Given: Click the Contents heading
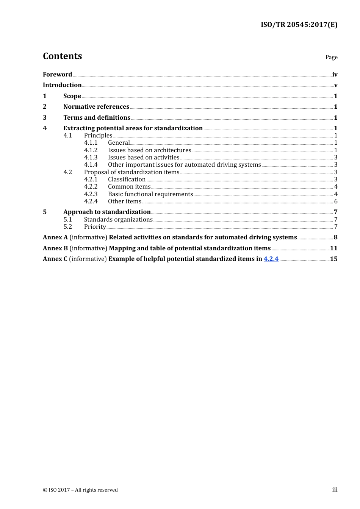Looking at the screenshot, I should coord(62,56).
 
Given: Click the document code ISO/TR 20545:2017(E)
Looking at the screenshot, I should coord(299,25).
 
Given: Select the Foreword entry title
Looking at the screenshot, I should coord(57,74).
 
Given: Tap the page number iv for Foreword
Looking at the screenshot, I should coord(335,75).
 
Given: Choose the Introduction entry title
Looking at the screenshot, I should coord(62,85).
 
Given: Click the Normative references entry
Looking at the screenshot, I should coord(96,106).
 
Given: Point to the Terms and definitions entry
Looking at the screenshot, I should coord(97,117).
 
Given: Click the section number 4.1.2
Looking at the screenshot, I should coord(91,150).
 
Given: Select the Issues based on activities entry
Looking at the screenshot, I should coord(144,158).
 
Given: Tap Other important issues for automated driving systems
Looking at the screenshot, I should coord(184,165).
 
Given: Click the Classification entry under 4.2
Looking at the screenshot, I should coord(127,180).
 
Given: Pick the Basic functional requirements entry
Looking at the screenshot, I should coord(150,194).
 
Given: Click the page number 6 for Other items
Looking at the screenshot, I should coord(336,201).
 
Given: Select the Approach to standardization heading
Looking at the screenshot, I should coord(107,212).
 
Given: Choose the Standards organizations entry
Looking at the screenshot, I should coord(118,220).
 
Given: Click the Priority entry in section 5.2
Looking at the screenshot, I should coord(95,227).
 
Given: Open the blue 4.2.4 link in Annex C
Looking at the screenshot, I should coord(271,259).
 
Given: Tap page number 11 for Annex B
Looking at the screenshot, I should coord(333,248).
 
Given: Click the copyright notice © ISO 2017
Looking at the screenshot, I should coord(80,490).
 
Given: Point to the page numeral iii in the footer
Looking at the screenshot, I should coord(335,490).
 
